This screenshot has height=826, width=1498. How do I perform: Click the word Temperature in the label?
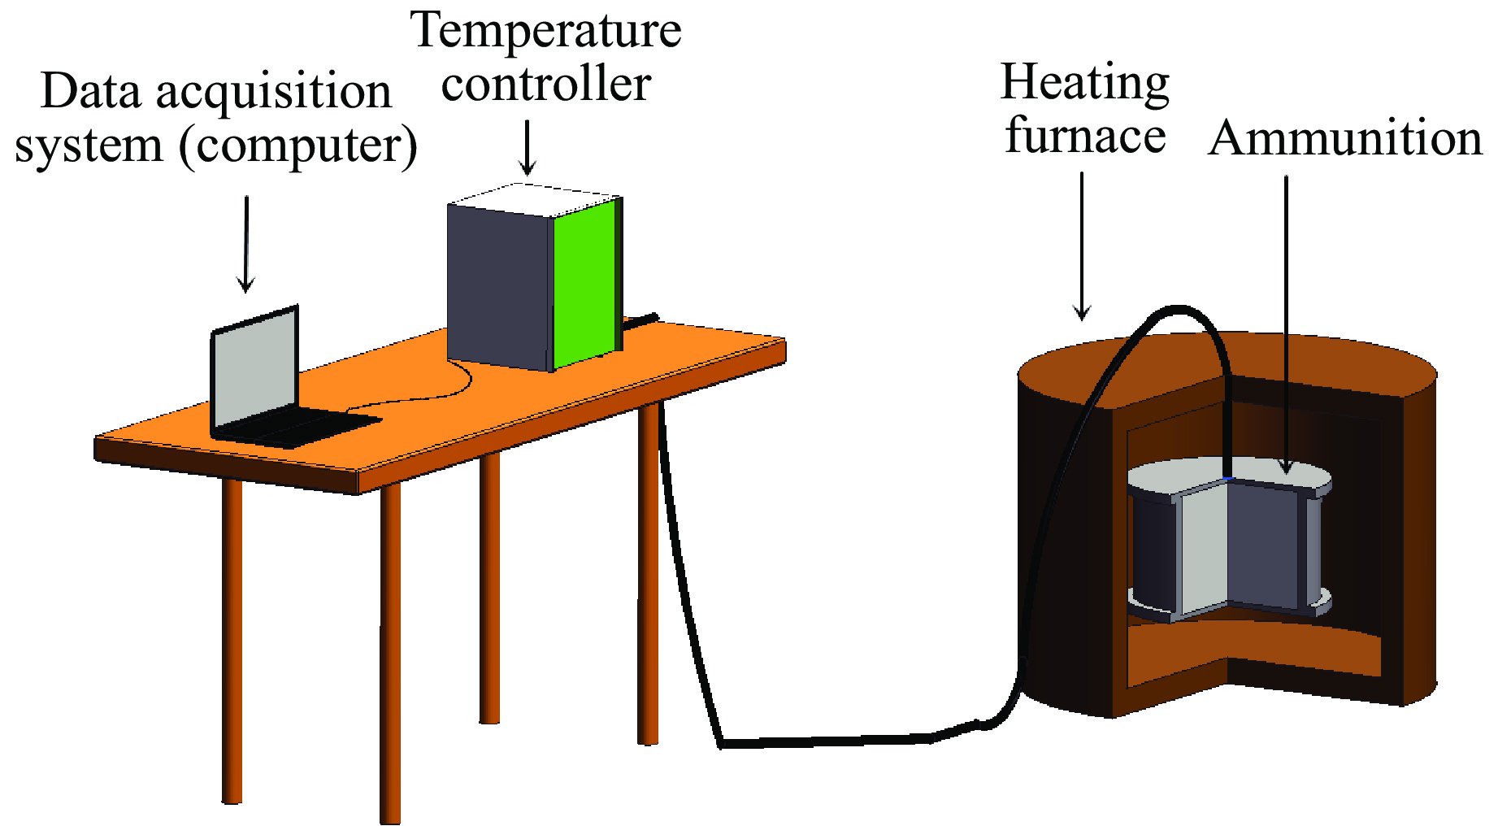pyautogui.click(x=546, y=33)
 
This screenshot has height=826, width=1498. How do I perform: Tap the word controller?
pyautogui.click(x=546, y=85)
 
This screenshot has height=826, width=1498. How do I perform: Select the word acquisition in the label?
pyautogui.click(x=274, y=92)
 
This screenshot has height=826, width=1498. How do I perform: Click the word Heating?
pyautogui.click(x=1084, y=84)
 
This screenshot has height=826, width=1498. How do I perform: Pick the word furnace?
pyautogui.click(x=1085, y=136)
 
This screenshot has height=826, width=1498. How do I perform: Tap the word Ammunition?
pyautogui.click(x=1345, y=138)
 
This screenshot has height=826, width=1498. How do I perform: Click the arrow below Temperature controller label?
pyautogui.click(x=528, y=147)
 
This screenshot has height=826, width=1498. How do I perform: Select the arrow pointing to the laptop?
pyautogui.click(x=245, y=243)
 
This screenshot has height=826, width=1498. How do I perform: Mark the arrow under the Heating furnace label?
pyautogui.click(x=1082, y=245)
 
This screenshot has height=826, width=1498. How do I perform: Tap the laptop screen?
pyautogui.click(x=255, y=370)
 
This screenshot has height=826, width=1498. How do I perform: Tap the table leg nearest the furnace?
pyautogui.click(x=648, y=569)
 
